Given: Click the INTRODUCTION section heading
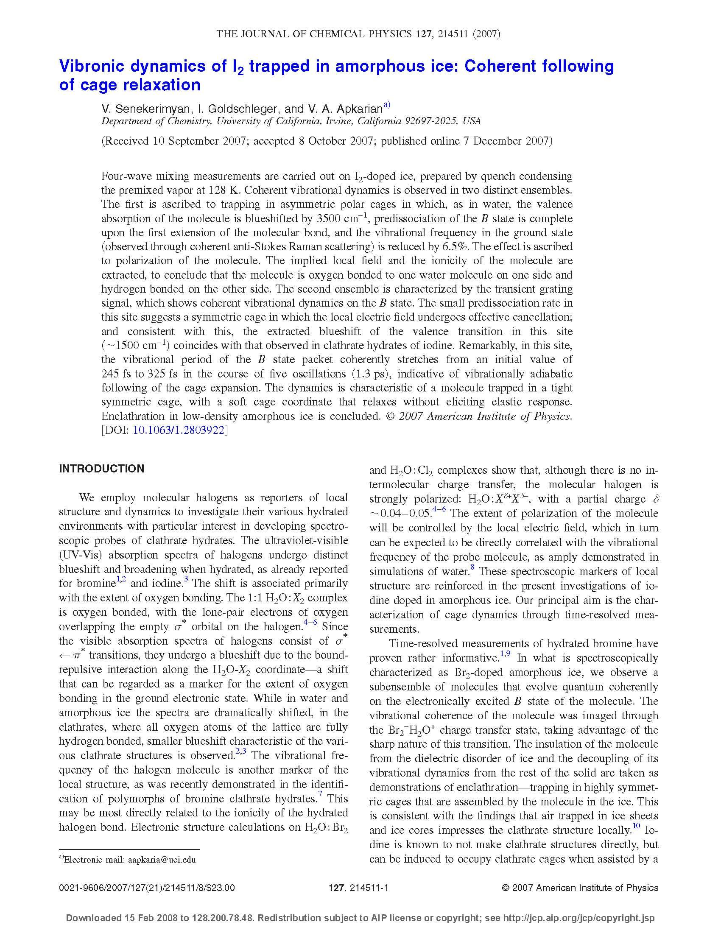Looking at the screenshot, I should [102, 469].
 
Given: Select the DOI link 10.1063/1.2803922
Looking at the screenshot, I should [179, 430].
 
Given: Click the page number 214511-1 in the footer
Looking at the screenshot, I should [368, 888].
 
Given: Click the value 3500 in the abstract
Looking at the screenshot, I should [327, 219].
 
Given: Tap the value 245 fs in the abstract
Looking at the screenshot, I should [117, 374].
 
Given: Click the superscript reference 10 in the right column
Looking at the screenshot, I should [636, 826].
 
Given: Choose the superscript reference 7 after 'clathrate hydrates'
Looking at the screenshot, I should [320, 794].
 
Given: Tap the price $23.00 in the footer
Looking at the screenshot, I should [221, 888].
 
